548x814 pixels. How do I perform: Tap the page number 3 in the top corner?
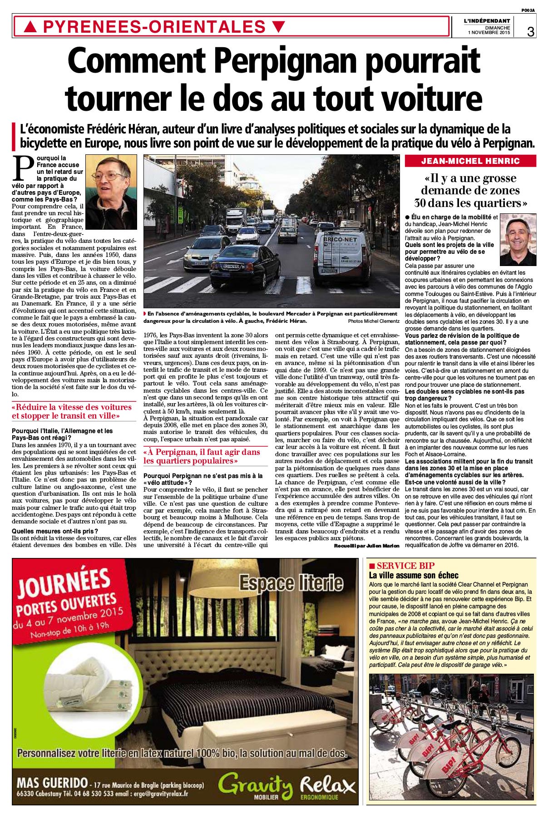click(x=530, y=31)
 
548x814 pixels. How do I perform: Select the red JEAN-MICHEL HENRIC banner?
click(x=470, y=161)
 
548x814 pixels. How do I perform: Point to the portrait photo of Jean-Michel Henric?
click(x=518, y=239)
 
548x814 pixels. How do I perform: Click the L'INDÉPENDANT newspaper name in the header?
click(x=487, y=21)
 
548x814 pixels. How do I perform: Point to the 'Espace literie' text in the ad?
click(x=291, y=583)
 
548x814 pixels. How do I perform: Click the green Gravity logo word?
click(x=255, y=784)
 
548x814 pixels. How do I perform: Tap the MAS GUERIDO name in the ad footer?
click(x=52, y=783)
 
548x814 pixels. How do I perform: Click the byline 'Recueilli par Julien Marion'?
click(x=366, y=545)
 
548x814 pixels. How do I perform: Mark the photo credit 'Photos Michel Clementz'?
click(x=374, y=321)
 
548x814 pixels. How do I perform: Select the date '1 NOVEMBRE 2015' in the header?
click(x=489, y=33)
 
